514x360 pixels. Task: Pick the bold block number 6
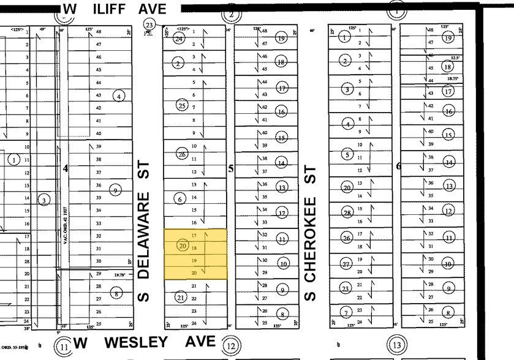pos(398,165)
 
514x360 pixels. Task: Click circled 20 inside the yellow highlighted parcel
pos(181,246)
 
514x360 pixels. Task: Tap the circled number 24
pos(180,39)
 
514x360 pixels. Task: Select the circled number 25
pos(181,105)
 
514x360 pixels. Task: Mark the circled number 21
pos(181,298)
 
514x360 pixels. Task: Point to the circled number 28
pos(347,213)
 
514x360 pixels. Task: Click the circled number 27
pos(346,264)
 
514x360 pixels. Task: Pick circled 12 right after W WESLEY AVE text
pos(230,346)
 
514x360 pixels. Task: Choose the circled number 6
pos(180,199)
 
